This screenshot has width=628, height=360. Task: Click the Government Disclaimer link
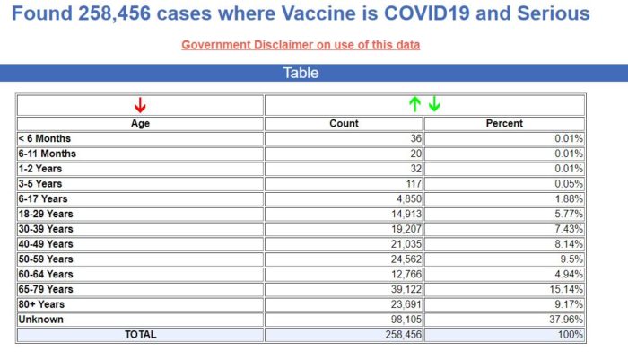[301, 45]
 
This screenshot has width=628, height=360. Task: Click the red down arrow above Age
[140, 105]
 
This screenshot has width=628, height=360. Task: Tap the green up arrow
[414, 104]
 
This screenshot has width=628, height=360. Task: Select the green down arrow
[434, 104]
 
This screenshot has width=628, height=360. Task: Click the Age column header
[140, 124]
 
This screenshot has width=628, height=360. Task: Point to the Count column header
[344, 124]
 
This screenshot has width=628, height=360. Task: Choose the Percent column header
[504, 124]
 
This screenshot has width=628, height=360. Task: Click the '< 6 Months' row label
[45, 138]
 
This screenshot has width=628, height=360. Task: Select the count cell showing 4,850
[405, 198]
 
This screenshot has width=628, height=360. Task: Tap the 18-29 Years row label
[47, 214]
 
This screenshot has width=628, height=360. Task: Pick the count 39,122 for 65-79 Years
[402, 289]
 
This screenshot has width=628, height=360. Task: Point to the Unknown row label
[41, 320]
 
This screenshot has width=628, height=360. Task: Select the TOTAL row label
[140, 335]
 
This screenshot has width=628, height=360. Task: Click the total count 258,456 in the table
[399, 335]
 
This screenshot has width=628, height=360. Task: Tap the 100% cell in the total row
[571, 335]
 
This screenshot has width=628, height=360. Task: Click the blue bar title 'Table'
[301, 73]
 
